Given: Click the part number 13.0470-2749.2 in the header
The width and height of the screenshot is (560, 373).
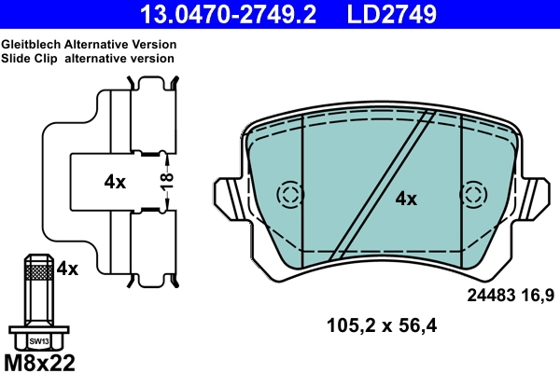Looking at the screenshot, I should pos(228,14).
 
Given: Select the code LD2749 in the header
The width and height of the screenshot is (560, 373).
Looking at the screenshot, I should pos(392,14).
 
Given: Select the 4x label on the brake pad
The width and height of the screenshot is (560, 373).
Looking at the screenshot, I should pos(405,198).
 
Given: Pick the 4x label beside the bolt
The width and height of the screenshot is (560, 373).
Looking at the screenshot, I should pos(67,269).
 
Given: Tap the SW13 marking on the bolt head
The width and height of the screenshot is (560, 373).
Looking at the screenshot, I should pos(38,341).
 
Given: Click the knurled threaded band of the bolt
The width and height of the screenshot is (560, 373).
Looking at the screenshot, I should pos(38,272).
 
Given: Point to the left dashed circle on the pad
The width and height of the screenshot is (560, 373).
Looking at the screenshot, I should pos(291,196).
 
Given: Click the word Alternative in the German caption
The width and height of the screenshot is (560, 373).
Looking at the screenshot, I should pos(96,45).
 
